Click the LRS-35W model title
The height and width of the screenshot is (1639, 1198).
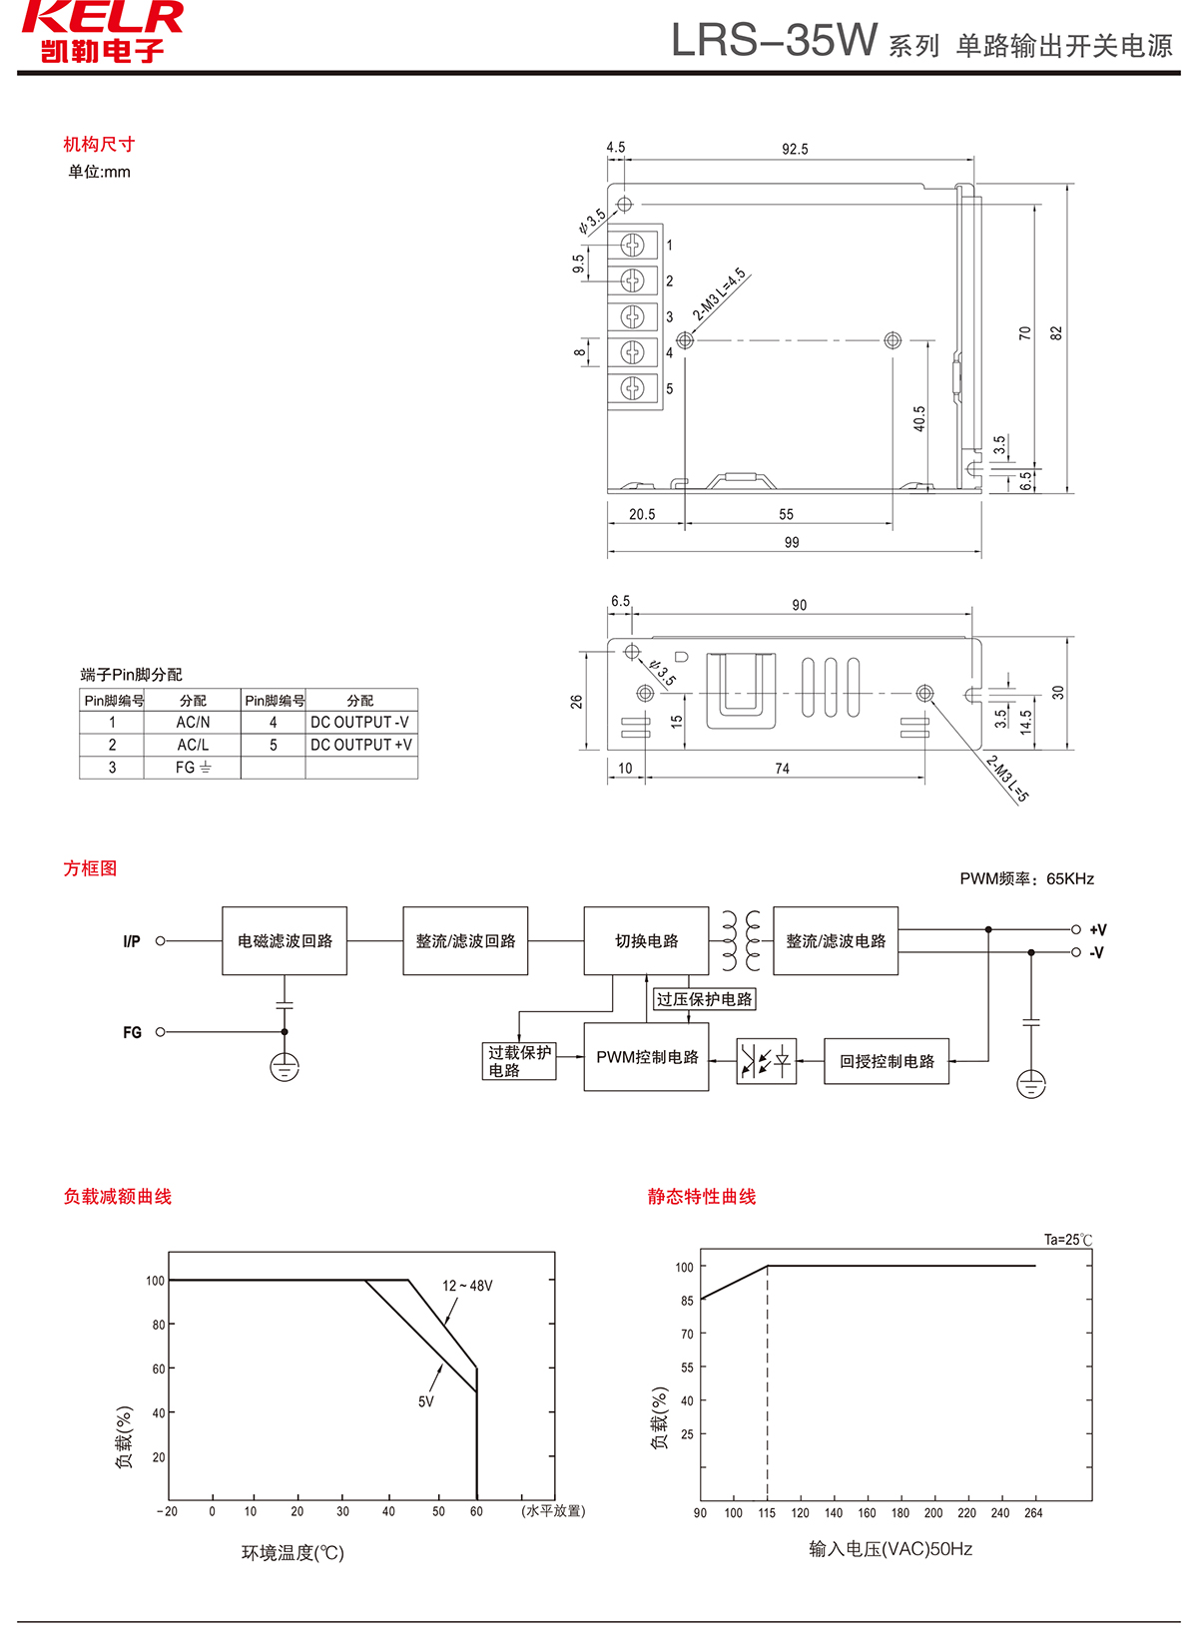[774, 41]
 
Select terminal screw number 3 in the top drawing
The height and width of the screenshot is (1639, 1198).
[633, 316]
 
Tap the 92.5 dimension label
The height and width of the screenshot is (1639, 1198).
[795, 149]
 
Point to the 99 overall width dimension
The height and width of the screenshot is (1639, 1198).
[792, 542]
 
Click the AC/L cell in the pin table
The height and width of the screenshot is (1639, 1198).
[193, 745]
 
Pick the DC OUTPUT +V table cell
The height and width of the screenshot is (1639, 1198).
[360, 745]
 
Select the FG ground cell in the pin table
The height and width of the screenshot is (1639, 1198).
[193, 768]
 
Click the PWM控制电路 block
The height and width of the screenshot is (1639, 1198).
[647, 1057]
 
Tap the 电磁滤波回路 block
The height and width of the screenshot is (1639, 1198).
[285, 941]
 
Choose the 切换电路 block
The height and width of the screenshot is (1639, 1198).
[646, 941]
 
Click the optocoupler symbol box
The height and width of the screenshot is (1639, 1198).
[766, 1061]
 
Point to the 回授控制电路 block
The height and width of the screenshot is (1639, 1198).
[887, 1061]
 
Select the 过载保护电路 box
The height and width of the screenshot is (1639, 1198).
[518, 1061]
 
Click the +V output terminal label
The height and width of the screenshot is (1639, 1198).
[1097, 929]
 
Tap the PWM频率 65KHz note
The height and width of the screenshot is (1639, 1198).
[1026, 878]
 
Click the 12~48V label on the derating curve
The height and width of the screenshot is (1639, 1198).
[467, 1286]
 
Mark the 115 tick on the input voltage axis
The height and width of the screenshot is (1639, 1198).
[767, 1513]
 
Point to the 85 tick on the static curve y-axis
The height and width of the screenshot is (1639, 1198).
[687, 1301]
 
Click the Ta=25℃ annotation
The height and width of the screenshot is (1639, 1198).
[1067, 1240]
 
